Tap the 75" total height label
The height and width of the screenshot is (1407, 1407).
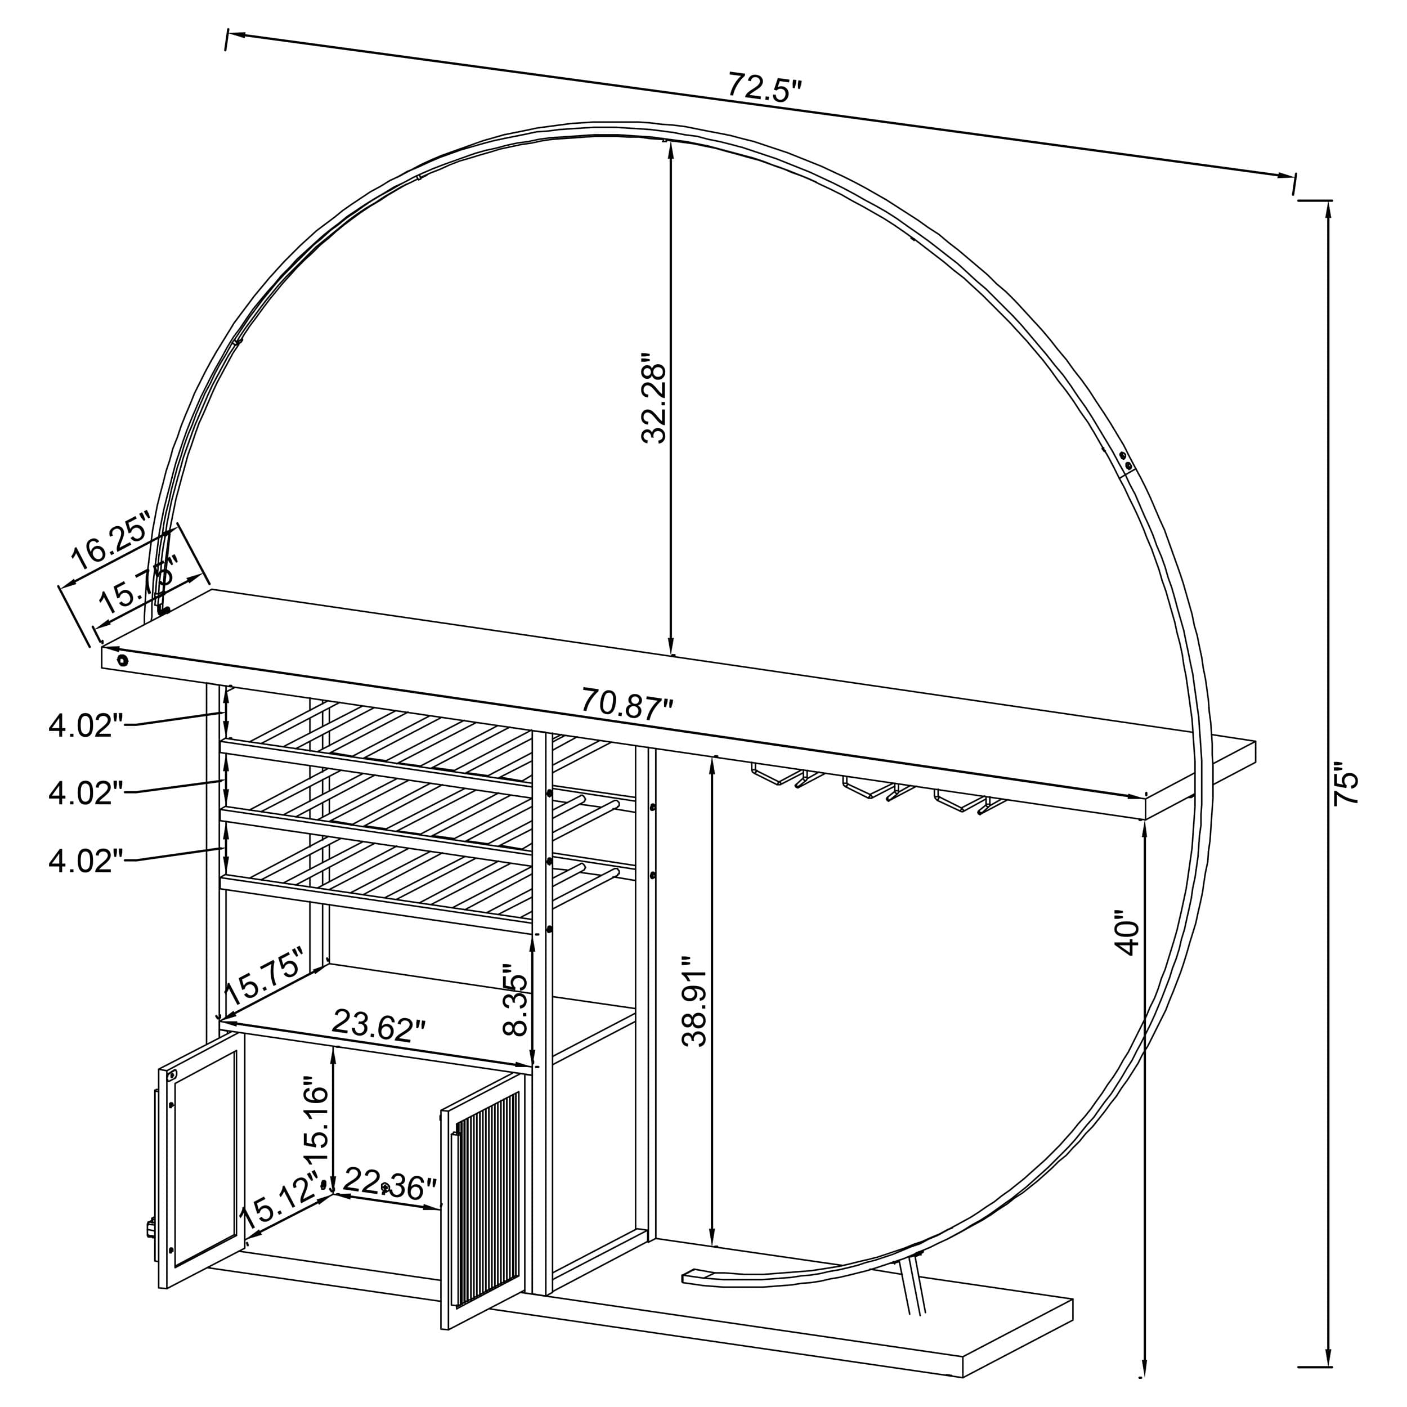(x=1346, y=783)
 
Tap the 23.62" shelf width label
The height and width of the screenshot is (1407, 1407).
(x=378, y=1025)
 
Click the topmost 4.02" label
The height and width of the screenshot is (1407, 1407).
(x=81, y=726)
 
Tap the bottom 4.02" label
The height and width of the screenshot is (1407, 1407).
(x=81, y=862)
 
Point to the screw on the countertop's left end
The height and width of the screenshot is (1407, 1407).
(x=122, y=661)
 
